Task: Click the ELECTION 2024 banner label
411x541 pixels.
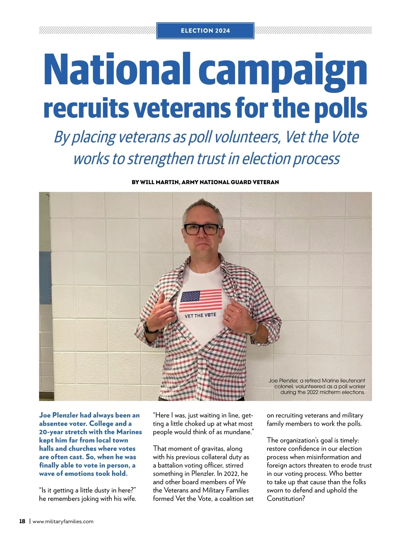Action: [205, 31]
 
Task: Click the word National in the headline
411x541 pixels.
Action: [117, 70]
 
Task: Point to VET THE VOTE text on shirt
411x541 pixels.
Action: [200, 315]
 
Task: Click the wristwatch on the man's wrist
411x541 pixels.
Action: [150, 329]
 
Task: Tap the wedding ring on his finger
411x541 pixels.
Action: [227, 318]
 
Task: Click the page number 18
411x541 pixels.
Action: [22, 521]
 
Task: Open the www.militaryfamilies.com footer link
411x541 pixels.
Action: [63, 522]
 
